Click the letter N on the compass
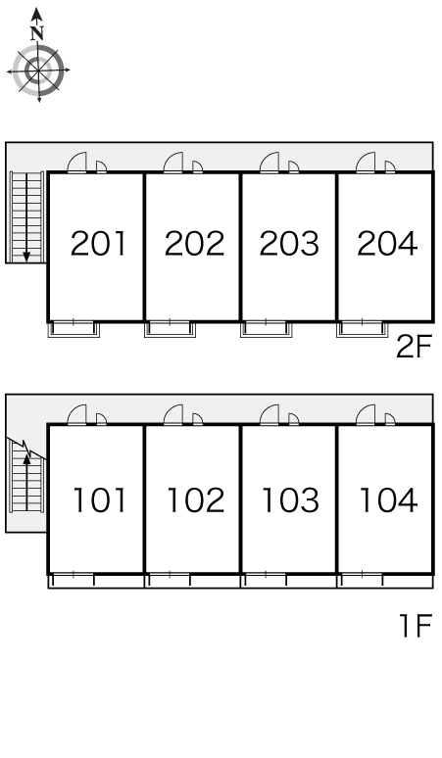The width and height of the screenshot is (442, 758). [37, 33]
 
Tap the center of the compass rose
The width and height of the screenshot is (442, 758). [38, 71]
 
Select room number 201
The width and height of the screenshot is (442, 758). [98, 243]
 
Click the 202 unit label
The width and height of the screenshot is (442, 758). [194, 243]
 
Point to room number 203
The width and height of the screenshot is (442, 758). [289, 243]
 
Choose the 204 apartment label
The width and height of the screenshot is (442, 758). [387, 243]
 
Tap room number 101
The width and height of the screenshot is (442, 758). [100, 499]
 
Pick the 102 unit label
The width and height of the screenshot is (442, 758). [195, 499]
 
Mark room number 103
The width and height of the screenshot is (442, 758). [290, 499]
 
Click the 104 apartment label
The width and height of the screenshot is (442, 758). [388, 499]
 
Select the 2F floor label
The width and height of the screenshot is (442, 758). [414, 347]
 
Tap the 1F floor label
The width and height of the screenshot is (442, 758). [415, 625]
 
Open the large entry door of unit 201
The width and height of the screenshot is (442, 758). [76, 163]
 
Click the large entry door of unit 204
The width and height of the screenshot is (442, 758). [366, 163]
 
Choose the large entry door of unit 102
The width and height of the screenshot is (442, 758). [173, 415]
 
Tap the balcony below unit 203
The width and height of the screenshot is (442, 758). [266, 329]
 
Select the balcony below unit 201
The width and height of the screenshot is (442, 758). [74, 329]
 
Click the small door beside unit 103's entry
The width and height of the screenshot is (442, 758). [294, 419]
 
